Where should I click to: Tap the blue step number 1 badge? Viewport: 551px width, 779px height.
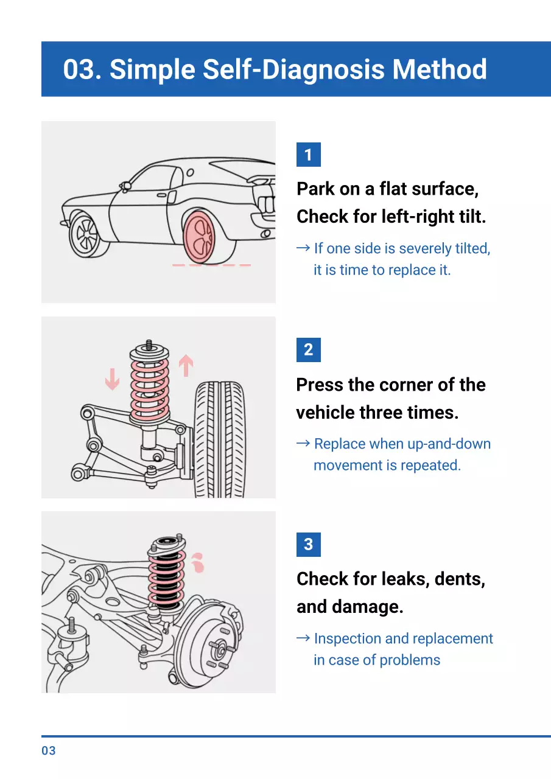point(308,155)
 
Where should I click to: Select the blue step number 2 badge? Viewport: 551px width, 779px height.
point(308,350)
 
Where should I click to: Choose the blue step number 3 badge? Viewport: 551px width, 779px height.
point(308,544)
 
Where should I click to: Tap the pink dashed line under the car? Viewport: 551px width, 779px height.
point(211,265)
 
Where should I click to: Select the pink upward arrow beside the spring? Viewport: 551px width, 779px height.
point(185,366)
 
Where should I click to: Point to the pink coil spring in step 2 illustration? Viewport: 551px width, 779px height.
point(150,388)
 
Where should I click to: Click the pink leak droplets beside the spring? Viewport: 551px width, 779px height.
point(196,563)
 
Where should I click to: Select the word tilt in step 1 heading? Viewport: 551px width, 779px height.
point(471,217)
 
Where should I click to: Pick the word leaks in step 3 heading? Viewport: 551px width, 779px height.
point(401,579)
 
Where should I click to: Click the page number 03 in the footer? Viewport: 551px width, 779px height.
point(49,751)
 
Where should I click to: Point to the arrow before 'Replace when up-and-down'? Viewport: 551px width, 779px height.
point(303,444)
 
